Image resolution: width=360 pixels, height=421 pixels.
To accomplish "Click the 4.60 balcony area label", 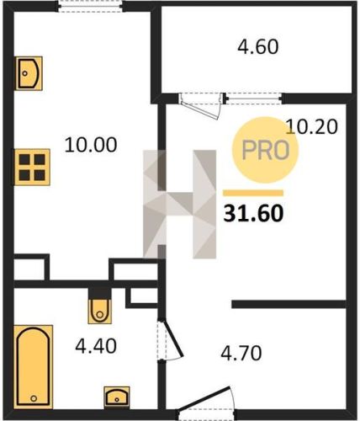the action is [258, 46].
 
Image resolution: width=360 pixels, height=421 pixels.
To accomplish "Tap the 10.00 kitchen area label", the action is [91, 145].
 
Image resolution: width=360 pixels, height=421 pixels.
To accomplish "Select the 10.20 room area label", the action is [311, 126].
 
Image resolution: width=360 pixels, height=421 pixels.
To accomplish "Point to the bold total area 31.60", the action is [253, 213].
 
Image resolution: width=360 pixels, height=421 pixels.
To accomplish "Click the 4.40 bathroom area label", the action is [96, 346].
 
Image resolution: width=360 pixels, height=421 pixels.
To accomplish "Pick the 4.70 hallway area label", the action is [241, 353].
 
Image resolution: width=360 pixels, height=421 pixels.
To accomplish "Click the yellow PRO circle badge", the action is [265, 150].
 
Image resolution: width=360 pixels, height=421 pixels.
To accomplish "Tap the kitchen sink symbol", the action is [29, 73].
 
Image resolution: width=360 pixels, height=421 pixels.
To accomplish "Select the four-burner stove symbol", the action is [32, 168].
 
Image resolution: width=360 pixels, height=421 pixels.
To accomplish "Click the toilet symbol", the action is [100, 311].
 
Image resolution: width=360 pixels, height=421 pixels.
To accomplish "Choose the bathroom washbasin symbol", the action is [117, 397].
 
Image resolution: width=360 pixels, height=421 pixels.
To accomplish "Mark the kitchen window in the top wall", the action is [91, 6].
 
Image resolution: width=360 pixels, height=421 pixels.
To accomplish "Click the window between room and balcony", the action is [254, 99].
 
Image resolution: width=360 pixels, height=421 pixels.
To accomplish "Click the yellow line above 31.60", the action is [253, 193].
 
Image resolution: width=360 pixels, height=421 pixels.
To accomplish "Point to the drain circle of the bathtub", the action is [34, 398].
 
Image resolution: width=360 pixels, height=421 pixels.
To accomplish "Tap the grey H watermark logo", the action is [179, 204].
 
